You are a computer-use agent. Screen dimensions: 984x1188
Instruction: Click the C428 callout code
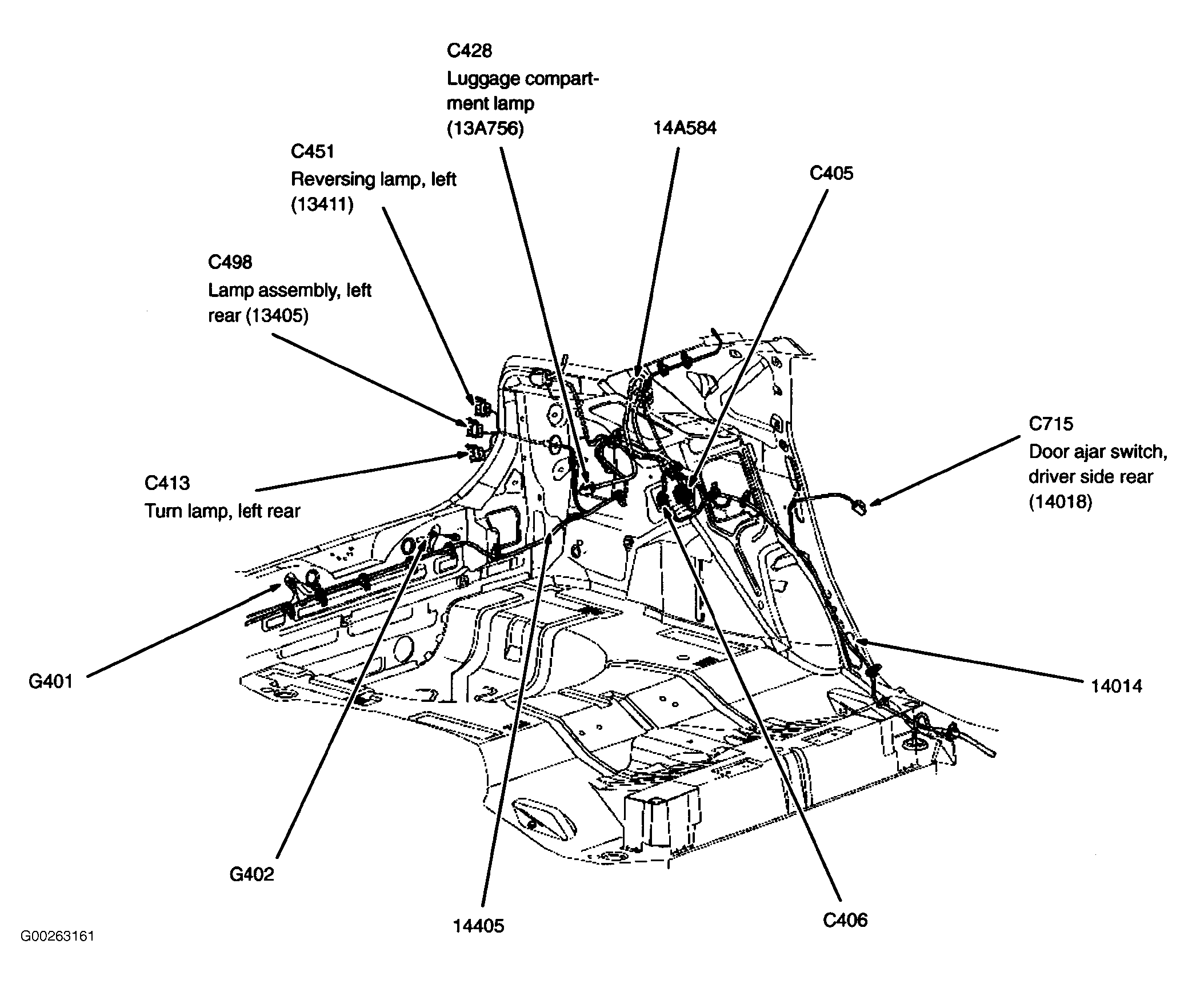point(469,51)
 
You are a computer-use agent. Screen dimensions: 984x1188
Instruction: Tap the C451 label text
point(312,151)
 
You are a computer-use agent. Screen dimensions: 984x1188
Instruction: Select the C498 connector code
point(230,262)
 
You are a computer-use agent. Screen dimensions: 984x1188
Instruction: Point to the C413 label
point(167,483)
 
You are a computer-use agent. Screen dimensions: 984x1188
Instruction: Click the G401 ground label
point(51,682)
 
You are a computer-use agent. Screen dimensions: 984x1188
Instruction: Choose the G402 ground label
point(251,874)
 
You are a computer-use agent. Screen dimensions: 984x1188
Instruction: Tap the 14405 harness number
point(479,926)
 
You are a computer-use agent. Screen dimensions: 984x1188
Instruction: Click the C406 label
point(845,920)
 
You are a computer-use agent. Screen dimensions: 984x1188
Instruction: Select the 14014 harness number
point(1117,686)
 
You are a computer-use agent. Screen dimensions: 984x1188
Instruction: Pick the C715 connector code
point(1051,424)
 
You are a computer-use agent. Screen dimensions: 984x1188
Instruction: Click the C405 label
point(831,174)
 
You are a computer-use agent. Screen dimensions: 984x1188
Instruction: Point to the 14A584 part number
point(685,127)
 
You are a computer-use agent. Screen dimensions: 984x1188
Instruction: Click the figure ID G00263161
point(57,953)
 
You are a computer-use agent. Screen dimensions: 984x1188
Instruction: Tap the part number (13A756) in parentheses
point(485,129)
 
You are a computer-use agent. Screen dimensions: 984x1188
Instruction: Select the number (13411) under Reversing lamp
point(322,204)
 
